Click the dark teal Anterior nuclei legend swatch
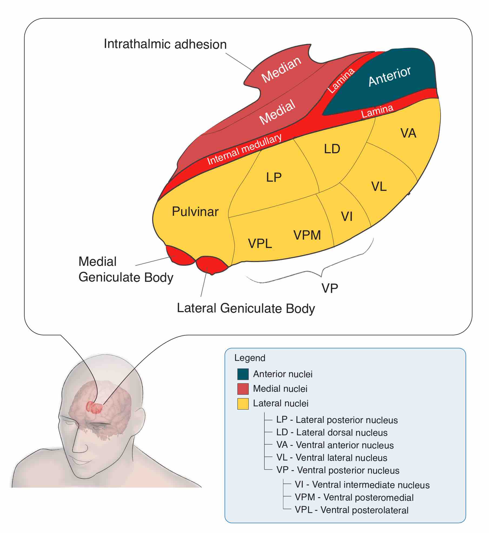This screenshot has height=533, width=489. tap(243, 374)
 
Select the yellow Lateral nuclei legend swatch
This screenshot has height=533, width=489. tap(243, 404)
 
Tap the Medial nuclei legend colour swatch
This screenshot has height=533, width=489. tap(243, 389)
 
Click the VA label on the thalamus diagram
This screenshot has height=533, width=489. tap(408, 133)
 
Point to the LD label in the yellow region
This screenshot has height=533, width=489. tap(332, 149)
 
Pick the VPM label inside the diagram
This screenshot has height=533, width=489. tap(307, 235)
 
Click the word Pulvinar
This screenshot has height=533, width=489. tap(195, 212)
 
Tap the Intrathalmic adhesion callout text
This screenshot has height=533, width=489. tap(165, 44)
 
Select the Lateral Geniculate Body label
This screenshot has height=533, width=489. tap(246, 308)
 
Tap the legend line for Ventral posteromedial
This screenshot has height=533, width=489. tap(354, 498)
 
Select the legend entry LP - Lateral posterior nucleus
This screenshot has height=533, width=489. tap(337, 420)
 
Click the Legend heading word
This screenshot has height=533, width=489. tap(250, 358)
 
